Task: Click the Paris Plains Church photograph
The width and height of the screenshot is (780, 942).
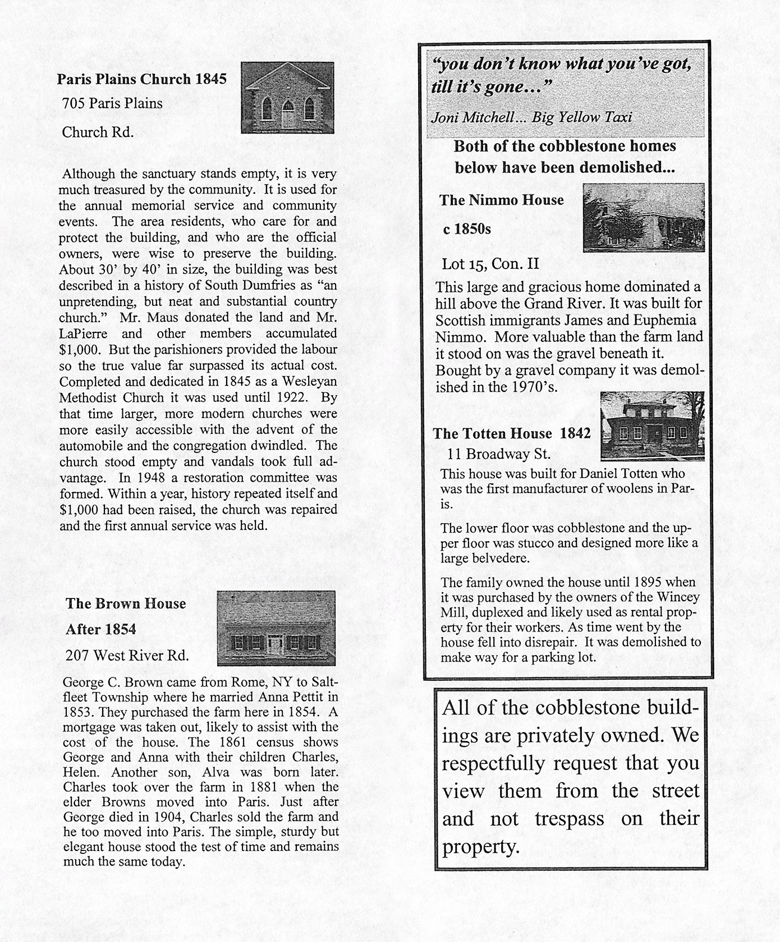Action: (x=287, y=98)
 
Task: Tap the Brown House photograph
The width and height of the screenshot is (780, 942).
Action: (x=276, y=628)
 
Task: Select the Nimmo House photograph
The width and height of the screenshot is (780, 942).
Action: (x=643, y=217)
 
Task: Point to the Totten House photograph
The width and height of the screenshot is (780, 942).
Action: (x=652, y=426)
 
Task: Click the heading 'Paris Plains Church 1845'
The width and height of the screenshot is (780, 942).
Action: (x=141, y=79)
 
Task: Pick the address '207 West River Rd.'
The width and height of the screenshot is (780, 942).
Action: (x=127, y=655)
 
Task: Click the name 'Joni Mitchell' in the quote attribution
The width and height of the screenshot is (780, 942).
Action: (x=472, y=117)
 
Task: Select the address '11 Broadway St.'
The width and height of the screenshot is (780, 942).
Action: (x=499, y=454)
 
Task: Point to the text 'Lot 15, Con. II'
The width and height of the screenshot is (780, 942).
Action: (x=490, y=264)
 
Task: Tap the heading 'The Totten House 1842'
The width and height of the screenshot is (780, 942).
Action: (x=512, y=433)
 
